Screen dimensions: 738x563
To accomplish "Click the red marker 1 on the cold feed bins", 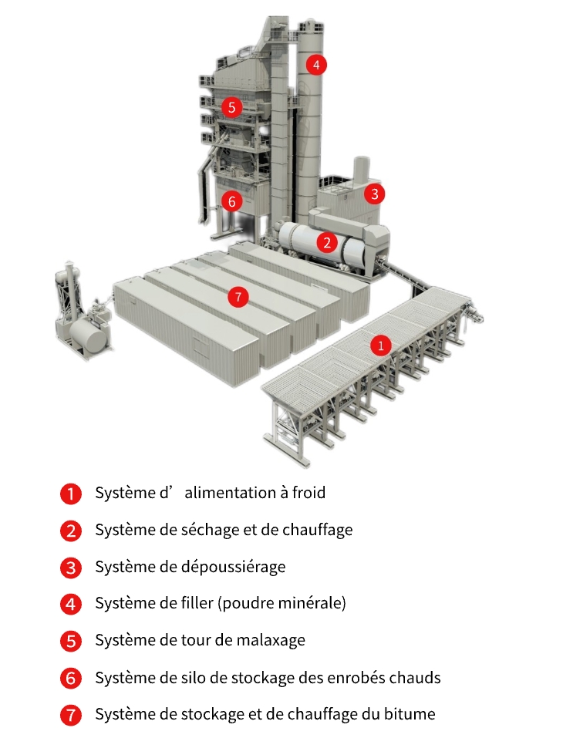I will [x=379, y=345].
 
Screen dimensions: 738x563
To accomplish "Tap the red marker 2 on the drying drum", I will [x=328, y=243].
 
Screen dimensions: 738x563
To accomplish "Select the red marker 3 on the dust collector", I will [x=374, y=194].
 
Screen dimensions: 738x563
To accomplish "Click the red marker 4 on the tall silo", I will [x=315, y=65].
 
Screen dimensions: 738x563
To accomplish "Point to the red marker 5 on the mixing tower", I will [x=231, y=106].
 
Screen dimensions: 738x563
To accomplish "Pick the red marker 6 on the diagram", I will [x=231, y=201].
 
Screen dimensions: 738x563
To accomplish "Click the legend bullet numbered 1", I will [x=70, y=494].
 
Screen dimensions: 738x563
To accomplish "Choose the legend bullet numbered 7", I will [x=70, y=715].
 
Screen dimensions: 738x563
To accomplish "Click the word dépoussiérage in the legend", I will [x=238, y=567].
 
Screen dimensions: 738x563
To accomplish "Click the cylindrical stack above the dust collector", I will [x=360, y=169].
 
